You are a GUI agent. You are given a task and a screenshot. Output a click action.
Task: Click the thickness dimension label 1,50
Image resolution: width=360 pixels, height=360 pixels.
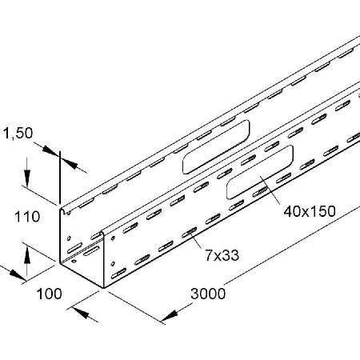coord(18,134)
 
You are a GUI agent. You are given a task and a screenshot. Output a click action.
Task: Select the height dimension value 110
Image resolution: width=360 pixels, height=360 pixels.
coord(27,217)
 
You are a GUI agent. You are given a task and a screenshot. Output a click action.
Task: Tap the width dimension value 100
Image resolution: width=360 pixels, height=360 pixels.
coord(49,294)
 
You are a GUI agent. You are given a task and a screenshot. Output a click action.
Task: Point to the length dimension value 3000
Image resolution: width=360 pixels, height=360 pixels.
coord(208,294)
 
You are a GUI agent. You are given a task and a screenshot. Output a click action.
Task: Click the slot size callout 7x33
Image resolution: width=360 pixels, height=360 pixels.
coord(222,255)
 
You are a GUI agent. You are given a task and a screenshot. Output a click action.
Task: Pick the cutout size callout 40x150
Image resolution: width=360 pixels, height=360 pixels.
coord(310,212)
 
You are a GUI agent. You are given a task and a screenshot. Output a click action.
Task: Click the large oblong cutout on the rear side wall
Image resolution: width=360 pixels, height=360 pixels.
coord(216,146)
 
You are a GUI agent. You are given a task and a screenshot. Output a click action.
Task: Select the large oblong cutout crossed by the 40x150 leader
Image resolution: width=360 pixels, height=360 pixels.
coord(260,172)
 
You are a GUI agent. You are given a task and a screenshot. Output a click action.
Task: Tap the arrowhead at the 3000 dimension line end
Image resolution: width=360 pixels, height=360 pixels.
coord(169,316)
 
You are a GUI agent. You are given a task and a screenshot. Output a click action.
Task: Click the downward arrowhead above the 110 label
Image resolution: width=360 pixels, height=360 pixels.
coord(26,178)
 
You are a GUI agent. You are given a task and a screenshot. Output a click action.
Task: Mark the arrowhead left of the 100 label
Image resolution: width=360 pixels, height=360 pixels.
coord(17,274)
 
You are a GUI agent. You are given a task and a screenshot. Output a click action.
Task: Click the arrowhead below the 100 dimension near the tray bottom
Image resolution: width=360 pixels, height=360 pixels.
coord(81,313)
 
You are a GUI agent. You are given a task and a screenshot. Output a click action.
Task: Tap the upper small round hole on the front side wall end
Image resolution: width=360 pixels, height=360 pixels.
coord(113,238)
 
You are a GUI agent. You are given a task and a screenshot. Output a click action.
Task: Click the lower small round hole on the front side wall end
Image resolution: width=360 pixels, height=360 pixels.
coord(113,264)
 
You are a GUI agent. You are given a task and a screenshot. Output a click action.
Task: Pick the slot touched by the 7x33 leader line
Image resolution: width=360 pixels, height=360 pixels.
coord(189,233)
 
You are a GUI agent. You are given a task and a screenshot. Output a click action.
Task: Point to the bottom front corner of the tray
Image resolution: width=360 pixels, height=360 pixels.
coord(103,288)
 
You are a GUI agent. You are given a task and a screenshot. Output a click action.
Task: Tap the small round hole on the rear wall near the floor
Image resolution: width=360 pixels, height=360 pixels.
coord(74,261)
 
